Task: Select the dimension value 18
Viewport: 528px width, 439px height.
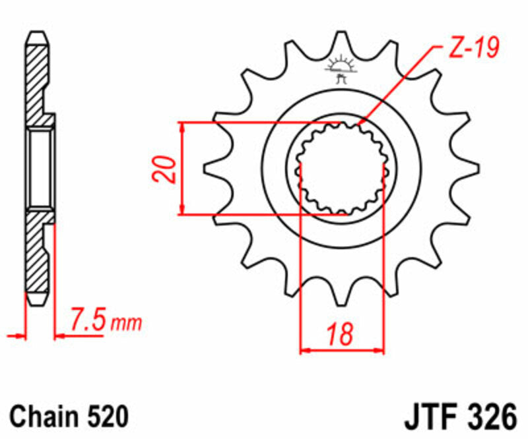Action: [x=341, y=334]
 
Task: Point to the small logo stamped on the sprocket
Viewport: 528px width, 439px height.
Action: [x=341, y=70]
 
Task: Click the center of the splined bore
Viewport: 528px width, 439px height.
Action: [x=341, y=169]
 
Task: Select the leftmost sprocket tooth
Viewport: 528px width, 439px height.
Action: [x=214, y=169]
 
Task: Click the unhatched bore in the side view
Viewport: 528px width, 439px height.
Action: [x=40, y=169]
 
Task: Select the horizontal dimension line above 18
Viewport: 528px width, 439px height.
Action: [x=341, y=349]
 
